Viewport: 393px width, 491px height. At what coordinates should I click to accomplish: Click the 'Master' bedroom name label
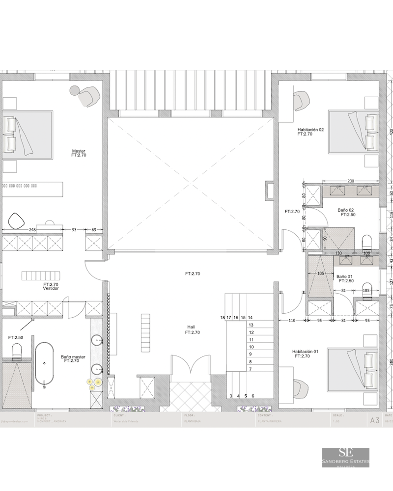(x=79, y=151)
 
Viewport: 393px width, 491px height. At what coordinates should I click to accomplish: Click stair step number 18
(x=223, y=318)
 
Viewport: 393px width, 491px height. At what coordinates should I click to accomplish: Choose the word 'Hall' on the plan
(x=191, y=327)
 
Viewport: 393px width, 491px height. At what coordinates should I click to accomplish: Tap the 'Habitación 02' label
(x=310, y=130)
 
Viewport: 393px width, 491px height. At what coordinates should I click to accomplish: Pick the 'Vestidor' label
(x=51, y=289)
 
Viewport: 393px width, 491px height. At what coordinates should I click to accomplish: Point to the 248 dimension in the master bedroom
(x=32, y=229)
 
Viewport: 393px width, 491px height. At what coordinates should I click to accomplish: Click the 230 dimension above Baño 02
(x=351, y=181)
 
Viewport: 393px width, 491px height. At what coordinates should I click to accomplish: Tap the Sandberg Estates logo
(x=346, y=457)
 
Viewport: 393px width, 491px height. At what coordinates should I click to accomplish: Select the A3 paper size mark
(x=374, y=420)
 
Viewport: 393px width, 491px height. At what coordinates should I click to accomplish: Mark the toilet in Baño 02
(x=366, y=242)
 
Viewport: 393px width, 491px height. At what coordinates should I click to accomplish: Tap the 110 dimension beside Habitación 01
(x=291, y=321)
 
